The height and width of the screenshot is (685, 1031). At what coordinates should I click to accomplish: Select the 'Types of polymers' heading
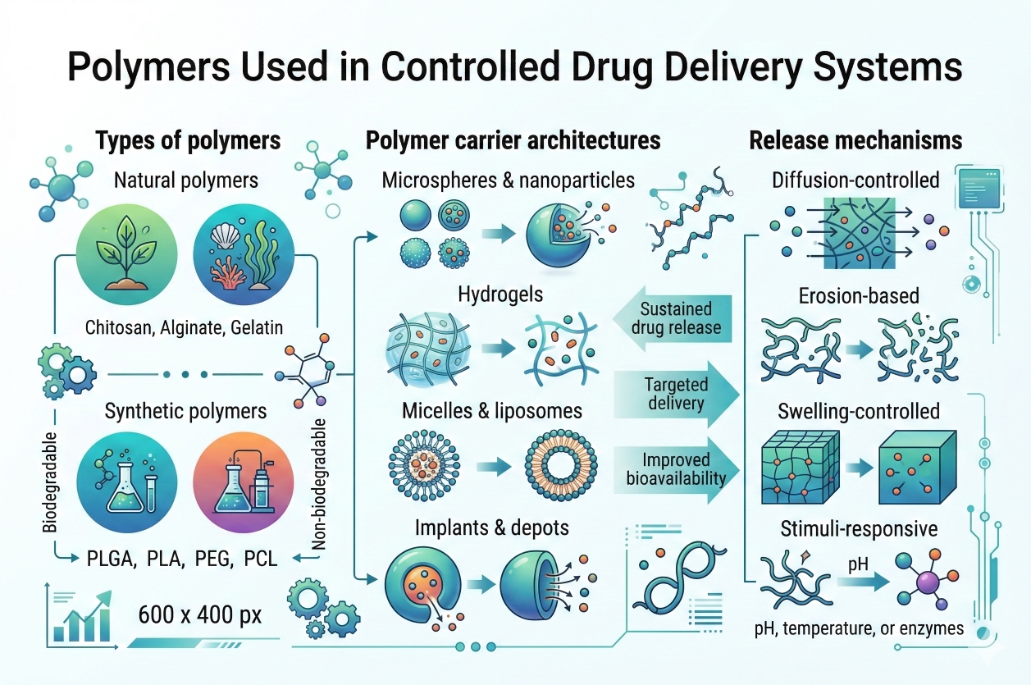[188, 140]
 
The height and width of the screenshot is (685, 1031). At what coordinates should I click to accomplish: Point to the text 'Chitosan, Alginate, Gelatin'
[184, 327]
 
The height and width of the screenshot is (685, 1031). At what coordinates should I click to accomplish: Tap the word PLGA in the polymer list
[112, 559]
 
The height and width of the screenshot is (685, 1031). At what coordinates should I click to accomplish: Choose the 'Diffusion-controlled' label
[855, 180]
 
